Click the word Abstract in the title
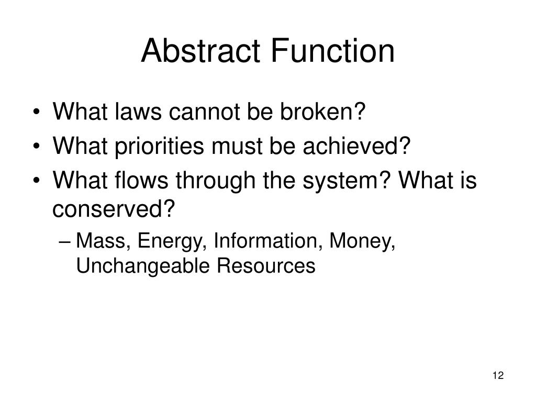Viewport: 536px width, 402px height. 203,51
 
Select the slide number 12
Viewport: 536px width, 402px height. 497,376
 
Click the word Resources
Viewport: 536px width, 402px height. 266,266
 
